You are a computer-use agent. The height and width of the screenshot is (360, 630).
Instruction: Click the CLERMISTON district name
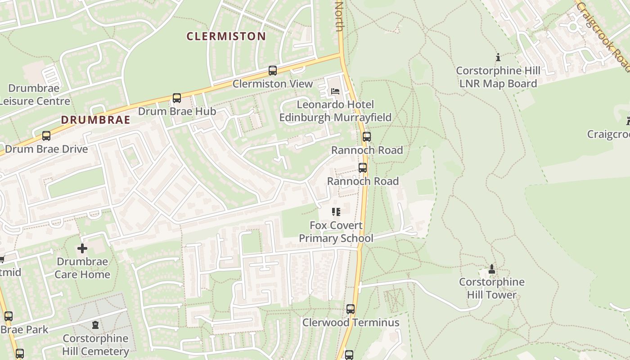226,36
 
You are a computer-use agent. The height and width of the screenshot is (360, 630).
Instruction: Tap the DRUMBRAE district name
95,120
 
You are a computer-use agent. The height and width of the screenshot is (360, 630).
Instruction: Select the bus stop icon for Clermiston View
272,71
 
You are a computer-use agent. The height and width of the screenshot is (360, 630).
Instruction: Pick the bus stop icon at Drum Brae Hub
177,98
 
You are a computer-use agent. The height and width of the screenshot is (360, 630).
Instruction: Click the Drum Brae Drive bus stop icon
46,136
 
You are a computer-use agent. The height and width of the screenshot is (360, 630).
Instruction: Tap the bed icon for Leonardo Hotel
335,91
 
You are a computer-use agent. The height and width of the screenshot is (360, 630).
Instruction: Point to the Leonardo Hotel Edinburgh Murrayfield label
335,111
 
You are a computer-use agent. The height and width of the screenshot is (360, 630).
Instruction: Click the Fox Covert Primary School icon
336,212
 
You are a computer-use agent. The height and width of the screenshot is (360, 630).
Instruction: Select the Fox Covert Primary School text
336,232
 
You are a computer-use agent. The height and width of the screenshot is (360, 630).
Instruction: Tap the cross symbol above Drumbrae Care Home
82,248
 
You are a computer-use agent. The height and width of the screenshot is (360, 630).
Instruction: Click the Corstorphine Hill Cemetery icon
95,325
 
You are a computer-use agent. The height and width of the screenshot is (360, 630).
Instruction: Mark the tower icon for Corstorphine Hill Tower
491,269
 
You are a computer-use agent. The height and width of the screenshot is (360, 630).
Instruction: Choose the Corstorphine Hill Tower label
491,288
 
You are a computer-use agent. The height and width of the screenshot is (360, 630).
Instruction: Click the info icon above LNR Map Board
498,58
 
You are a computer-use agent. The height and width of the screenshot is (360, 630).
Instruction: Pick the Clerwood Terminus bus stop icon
351,309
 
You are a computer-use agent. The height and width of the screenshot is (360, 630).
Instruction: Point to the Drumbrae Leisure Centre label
34,94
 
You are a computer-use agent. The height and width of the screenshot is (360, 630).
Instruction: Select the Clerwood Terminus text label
351,323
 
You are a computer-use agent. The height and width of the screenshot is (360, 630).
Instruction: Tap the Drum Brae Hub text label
177,111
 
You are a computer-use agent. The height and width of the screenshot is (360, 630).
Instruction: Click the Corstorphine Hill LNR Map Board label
498,77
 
